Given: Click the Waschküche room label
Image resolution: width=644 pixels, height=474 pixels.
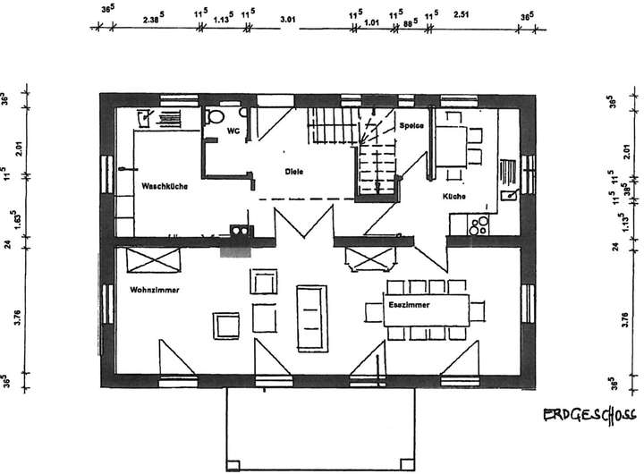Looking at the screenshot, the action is tap(164, 186).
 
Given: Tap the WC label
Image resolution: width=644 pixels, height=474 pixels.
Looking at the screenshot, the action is tap(233, 131).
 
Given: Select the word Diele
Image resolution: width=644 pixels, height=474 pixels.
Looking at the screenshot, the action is tap(294, 171).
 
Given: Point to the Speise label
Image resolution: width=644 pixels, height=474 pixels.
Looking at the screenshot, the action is tap(411, 125).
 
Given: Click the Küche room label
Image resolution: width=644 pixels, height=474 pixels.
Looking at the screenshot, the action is tap(453, 195).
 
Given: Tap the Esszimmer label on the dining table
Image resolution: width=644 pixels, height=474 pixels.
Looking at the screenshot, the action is tap(410, 306).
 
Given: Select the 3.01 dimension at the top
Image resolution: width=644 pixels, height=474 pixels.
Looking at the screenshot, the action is tap(287, 17).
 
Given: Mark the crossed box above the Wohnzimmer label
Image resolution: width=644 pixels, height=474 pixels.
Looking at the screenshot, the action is tap(155, 260).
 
